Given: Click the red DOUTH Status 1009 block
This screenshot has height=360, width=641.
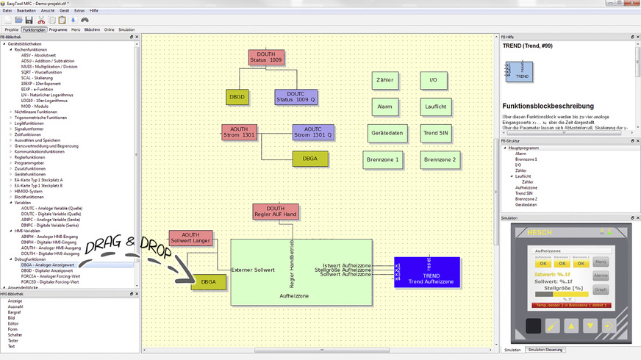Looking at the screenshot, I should (265, 58).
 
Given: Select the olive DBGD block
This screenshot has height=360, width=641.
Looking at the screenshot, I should (237, 96).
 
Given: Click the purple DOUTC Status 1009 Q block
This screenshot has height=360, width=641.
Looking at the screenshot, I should (296, 97).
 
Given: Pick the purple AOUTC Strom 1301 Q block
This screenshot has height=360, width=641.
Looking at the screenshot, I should (313, 132).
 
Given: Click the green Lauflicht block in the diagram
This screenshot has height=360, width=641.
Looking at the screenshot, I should (435, 107).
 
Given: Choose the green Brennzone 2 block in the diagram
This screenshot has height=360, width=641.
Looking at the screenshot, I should (440, 159).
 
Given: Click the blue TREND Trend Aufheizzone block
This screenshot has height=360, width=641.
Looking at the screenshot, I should (427, 273).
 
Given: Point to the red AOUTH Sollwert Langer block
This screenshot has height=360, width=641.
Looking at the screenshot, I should (190, 238).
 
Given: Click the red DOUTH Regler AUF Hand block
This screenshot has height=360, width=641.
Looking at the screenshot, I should (276, 212).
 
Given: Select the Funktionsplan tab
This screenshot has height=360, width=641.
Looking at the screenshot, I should (34, 30).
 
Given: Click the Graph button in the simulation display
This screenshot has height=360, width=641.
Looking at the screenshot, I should (601, 289).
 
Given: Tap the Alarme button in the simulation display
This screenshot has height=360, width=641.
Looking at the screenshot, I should (601, 276).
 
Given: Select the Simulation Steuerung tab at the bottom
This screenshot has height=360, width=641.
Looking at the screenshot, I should (545, 350).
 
